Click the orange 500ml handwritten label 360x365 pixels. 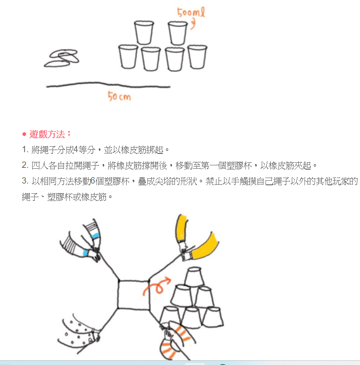191,12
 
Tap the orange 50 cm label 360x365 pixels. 119,96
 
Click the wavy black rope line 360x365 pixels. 108,85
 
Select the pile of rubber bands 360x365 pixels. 62,58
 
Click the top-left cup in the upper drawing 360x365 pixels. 144,33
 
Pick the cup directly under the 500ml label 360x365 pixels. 178,33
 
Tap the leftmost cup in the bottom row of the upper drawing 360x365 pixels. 128,57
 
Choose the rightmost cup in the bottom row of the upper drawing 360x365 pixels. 197,57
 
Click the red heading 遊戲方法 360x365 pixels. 47,134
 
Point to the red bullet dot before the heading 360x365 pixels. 24,134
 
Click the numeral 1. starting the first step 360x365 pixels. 25,150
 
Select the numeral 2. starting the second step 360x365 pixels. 25,165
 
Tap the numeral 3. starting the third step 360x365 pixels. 25,181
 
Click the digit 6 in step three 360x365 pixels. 93,181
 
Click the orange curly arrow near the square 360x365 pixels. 157,286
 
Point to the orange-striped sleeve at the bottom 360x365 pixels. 177,340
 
